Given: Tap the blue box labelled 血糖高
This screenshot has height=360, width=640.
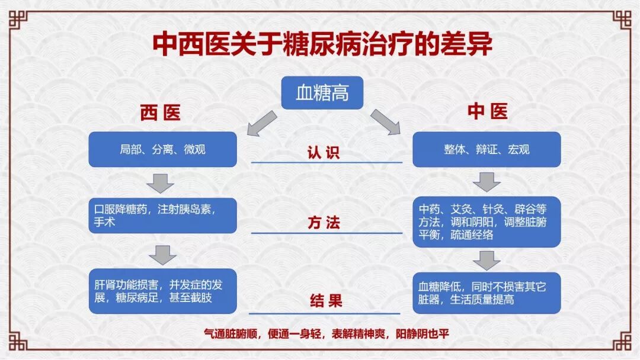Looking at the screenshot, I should [x=322, y=93].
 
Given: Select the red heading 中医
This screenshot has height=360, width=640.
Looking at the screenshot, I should [x=487, y=112].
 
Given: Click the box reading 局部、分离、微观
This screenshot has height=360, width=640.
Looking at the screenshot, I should [x=162, y=149].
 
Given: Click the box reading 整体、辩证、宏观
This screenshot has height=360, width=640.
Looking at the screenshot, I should [x=487, y=149].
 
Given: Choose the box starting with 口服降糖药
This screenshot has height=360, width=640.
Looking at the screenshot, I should [x=162, y=216].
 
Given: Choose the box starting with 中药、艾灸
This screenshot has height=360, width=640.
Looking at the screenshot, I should [x=487, y=221].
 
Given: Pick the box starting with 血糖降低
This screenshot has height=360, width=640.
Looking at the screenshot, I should [x=487, y=292].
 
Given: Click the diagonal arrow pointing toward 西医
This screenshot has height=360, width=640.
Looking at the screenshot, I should [x=261, y=123].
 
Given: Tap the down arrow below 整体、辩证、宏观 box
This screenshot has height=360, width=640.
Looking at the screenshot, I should [x=486, y=182].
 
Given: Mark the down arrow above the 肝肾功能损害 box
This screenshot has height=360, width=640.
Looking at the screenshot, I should [x=162, y=255].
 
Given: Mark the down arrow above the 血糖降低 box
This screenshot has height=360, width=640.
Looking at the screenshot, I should [x=487, y=260].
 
